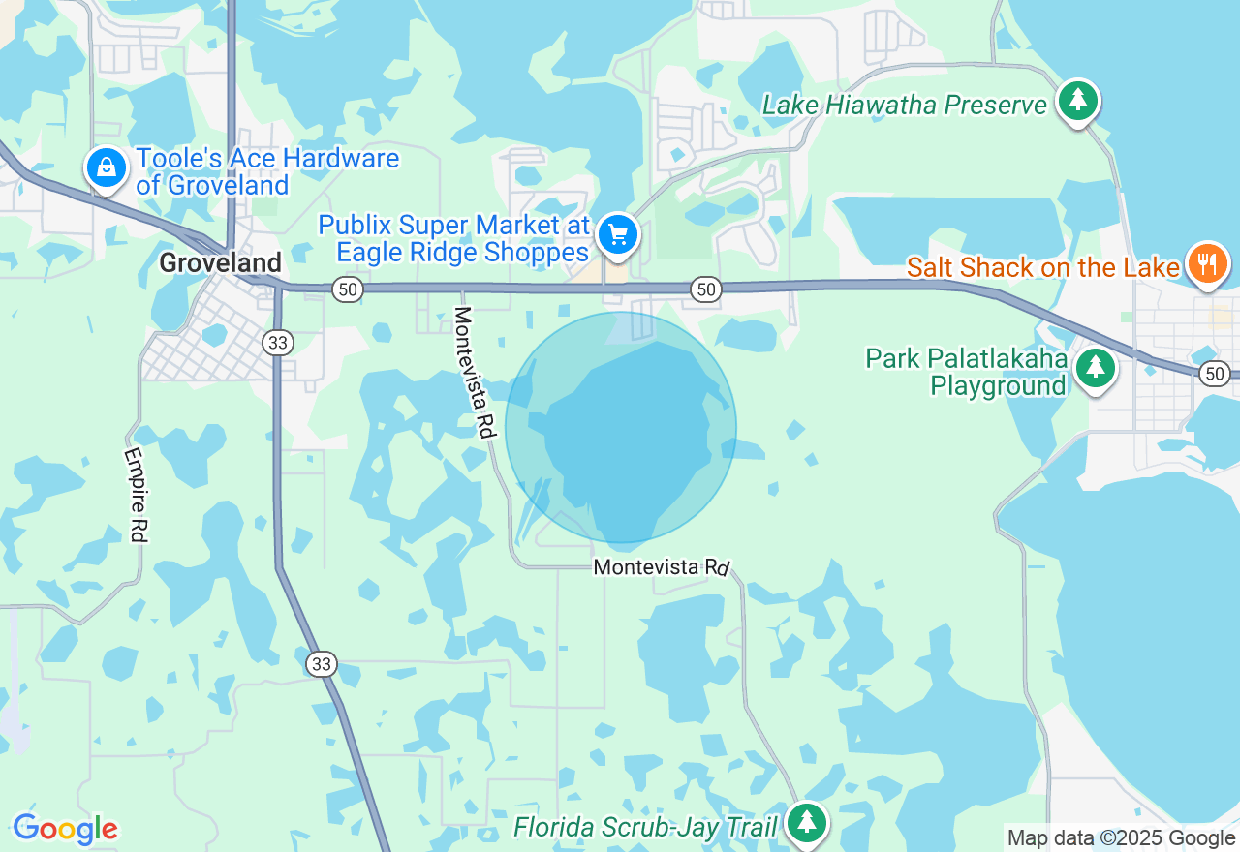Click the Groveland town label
220,262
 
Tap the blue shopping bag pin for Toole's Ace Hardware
107,168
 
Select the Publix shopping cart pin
618,234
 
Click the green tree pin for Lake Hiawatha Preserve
1076,101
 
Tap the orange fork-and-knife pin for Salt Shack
1206,263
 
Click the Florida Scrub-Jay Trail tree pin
806,823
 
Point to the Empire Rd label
137,494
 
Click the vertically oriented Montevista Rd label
475,373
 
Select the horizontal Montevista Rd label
661,566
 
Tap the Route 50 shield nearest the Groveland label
346,289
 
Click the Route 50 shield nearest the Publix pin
706,289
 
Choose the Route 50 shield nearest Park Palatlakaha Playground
1215,373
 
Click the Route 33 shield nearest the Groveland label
278,342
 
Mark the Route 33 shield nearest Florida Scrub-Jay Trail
322,663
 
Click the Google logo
65,829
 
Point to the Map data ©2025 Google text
1121,838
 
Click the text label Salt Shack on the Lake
1043,267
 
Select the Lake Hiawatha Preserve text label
905,105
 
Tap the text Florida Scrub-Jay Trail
645,828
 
